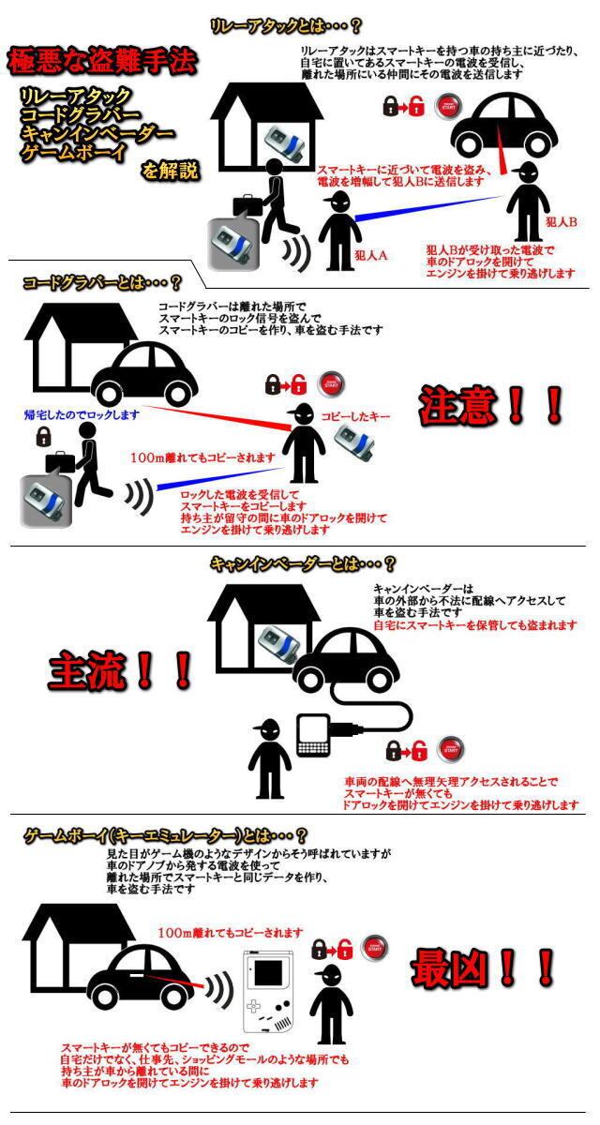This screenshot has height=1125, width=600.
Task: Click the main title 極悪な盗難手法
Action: (102, 62)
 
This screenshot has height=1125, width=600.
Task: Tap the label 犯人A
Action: (371, 255)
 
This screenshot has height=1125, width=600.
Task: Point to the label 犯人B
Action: (560, 222)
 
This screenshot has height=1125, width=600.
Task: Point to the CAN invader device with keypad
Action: (316, 735)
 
